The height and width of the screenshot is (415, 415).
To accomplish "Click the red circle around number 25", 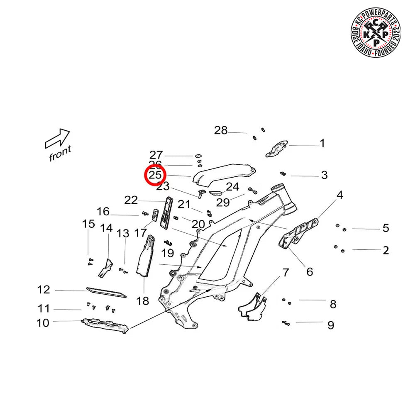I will (x=155, y=175).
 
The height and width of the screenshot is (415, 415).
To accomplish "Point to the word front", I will (x=61, y=154).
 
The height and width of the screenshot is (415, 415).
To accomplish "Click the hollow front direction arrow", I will (x=57, y=139).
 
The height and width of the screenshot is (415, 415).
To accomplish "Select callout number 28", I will (x=221, y=131).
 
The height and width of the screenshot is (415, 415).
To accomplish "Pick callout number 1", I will (x=322, y=144).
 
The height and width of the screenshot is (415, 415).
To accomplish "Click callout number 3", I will (x=324, y=176).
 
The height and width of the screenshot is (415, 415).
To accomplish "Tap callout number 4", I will (x=340, y=195).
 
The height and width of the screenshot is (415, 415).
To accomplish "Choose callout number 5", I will (x=386, y=228).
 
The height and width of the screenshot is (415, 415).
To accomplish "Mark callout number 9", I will (x=330, y=325).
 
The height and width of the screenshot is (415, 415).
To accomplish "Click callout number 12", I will (x=44, y=290).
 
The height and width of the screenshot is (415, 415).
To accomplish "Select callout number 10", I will (x=43, y=322).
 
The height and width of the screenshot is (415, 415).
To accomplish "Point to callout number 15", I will (x=88, y=224).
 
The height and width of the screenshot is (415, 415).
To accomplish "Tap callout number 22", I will (x=131, y=200).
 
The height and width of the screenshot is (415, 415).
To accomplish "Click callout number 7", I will (x=285, y=273).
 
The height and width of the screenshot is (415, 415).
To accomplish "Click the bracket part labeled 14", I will (x=106, y=267).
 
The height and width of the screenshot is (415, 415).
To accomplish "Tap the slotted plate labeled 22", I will (x=167, y=212).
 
